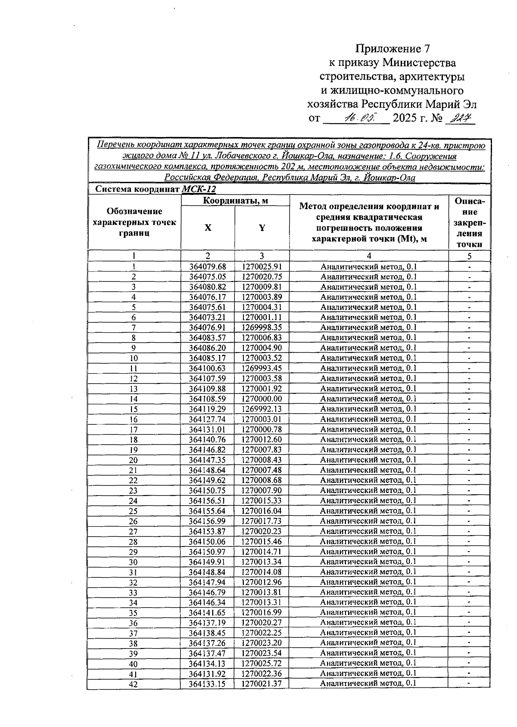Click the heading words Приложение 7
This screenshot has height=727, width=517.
(393, 48)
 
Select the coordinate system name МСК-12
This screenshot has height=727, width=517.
(199, 189)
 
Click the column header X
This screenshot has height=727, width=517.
(208, 228)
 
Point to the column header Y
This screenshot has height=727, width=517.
(262, 228)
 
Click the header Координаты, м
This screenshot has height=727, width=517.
(235, 200)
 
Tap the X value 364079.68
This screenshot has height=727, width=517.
(208, 267)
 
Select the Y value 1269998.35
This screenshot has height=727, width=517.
(262, 328)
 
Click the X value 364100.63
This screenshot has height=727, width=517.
(208, 368)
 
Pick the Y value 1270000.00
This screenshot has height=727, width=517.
(262, 399)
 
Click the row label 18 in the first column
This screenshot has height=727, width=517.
(134, 440)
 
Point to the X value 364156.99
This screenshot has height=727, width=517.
(208, 521)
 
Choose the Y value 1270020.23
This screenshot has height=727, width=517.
(262, 531)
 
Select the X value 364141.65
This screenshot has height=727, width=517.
(208, 613)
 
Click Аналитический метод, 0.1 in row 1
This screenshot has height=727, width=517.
(369, 267)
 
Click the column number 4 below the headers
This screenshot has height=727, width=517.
(369, 256)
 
